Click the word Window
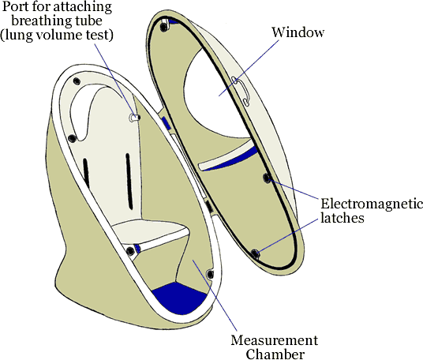point(298,32)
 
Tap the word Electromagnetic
point(372,204)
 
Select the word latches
point(342,218)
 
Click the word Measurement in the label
point(275,340)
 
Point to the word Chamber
point(275,354)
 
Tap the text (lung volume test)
point(56,35)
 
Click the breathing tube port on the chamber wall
point(134,118)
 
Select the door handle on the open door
point(241,91)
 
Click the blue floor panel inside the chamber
point(179,298)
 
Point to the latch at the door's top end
point(163,26)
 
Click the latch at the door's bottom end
point(255,254)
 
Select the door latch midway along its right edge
point(267,178)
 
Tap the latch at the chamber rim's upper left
point(77,81)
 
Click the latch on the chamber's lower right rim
point(210,274)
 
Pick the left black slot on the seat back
point(86,173)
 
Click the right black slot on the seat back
point(129,182)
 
